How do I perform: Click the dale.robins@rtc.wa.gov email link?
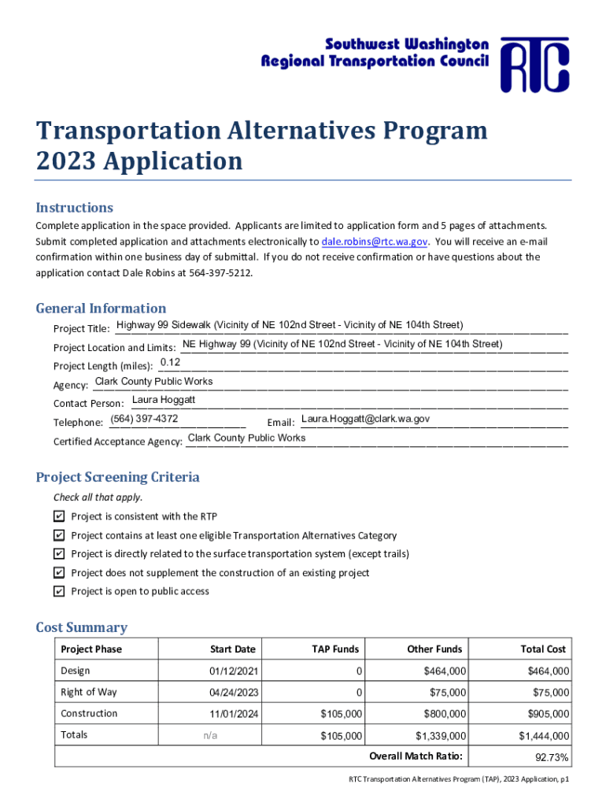(x=375, y=242)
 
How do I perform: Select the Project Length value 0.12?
(x=171, y=362)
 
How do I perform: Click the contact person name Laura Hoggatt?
(x=164, y=400)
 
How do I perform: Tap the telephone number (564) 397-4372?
(x=144, y=419)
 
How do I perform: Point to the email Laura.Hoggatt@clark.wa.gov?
(x=365, y=419)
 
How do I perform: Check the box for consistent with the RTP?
(x=59, y=516)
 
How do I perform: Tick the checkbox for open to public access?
(x=59, y=591)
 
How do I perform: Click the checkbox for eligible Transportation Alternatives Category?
(x=59, y=535)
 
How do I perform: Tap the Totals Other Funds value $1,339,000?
(x=441, y=736)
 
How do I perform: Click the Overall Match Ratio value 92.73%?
(x=552, y=758)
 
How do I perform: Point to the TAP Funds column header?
(x=335, y=649)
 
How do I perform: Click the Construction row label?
(x=89, y=713)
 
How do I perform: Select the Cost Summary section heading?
(x=81, y=627)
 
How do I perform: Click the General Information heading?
(x=101, y=308)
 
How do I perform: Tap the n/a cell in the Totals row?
(x=210, y=735)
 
